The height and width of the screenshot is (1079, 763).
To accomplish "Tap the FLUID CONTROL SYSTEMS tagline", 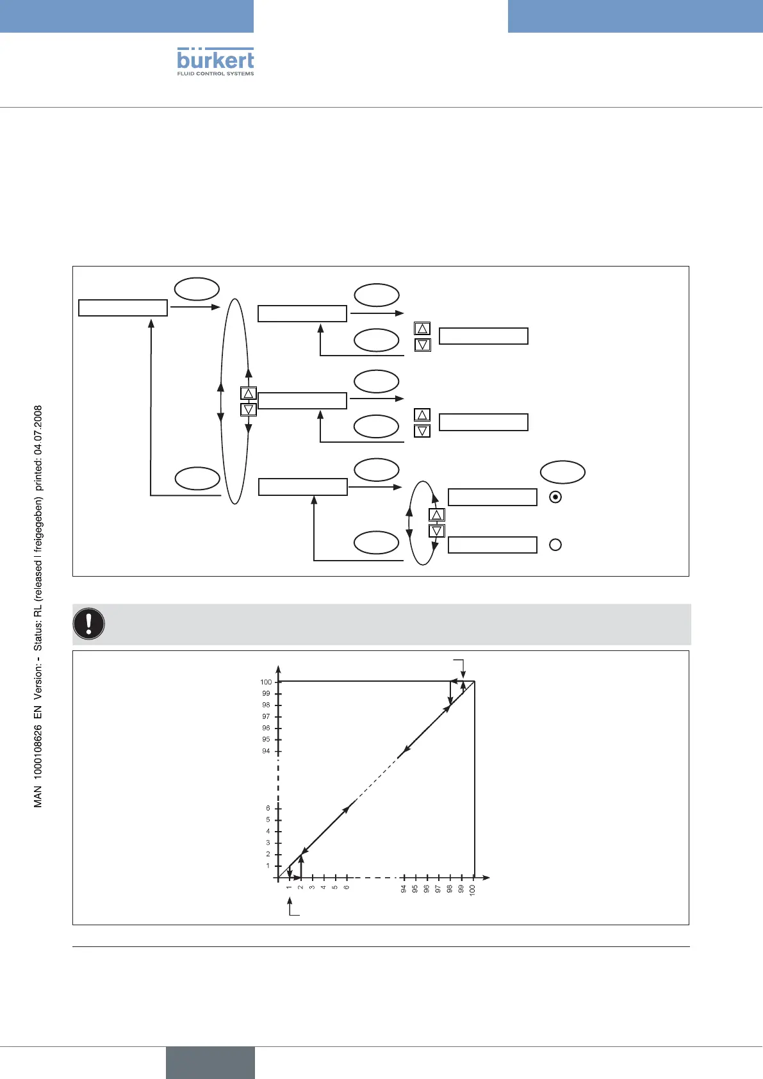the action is coord(215,74).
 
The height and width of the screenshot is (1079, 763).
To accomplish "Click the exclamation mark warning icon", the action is coord(89,623).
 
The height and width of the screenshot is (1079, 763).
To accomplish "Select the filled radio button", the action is coord(555,497).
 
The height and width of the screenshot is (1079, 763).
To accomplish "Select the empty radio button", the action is coord(555,545).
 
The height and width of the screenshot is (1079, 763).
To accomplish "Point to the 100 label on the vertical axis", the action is coord(266,682).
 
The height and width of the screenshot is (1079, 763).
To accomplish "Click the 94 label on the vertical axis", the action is coord(266,751).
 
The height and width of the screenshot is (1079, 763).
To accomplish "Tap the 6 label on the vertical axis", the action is coord(268,809).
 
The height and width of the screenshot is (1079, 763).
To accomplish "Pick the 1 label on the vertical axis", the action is coord(268,866).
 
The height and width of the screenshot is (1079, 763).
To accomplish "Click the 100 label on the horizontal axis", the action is coord(472,889).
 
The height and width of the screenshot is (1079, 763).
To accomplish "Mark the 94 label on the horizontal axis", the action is coord(404,889).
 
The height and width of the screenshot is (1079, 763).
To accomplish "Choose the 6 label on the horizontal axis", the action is coord(347,887).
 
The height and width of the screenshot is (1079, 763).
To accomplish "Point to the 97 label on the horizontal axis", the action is coord(438,889).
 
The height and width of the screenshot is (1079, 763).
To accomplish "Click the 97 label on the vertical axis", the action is coord(266,716).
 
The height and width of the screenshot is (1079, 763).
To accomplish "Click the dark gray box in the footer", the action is coord(210,1062).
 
